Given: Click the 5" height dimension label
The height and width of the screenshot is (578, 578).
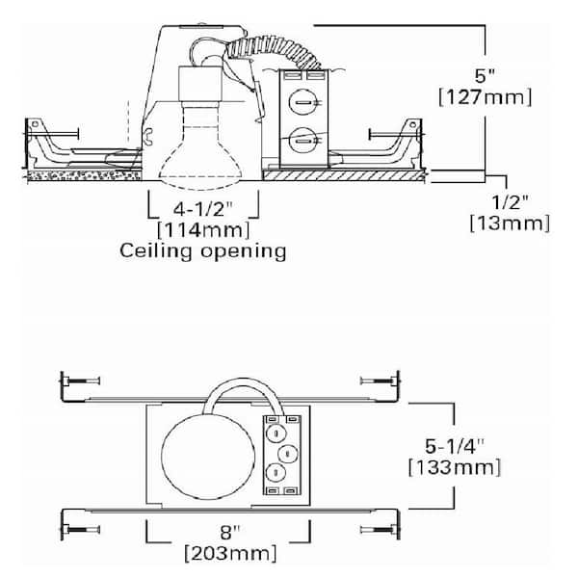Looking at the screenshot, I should (490, 75).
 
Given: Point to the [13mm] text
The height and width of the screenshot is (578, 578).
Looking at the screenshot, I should (510, 223).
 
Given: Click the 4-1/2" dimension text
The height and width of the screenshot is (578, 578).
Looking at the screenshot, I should (203, 207).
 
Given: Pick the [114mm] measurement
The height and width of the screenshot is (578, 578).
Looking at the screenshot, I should (203, 229).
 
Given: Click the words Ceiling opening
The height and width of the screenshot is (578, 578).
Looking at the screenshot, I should (203, 251).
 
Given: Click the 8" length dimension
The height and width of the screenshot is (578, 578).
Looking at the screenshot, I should (227, 531).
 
